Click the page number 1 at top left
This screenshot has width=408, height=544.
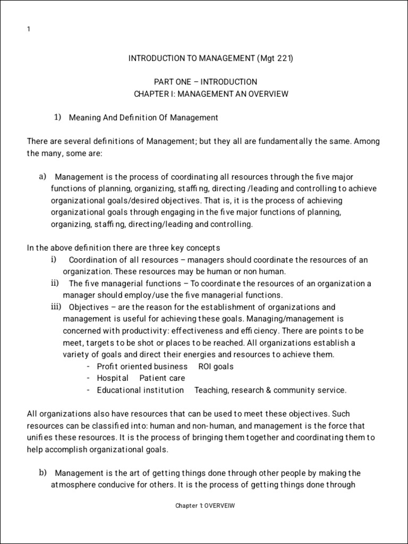pyautogui.click(x=28, y=29)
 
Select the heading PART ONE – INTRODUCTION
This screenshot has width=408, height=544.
pyautogui.click(x=205, y=82)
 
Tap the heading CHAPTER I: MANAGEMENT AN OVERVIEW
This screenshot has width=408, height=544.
pyautogui.click(x=211, y=94)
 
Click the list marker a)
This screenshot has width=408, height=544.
pyautogui.click(x=42, y=176)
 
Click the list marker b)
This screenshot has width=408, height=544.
pyautogui.click(x=42, y=473)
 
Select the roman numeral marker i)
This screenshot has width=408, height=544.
pyautogui.click(x=53, y=259)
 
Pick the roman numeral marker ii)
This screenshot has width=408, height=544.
pyautogui.click(x=54, y=283)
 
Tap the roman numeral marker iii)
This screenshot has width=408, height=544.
pyautogui.click(x=56, y=307)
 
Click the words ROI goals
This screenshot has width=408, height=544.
pyautogui.click(x=216, y=367)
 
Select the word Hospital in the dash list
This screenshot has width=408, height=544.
pyautogui.click(x=113, y=378)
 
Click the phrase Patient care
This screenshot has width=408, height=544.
pyautogui.click(x=162, y=378)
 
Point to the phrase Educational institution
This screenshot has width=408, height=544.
pyautogui.click(x=140, y=390)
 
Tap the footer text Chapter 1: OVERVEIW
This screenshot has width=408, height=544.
pyautogui.click(x=205, y=506)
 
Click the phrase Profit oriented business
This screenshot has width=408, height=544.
pyautogui.click(x=142, y=367)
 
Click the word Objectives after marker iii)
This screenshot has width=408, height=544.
pyautogui.click(x=88, y=307)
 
